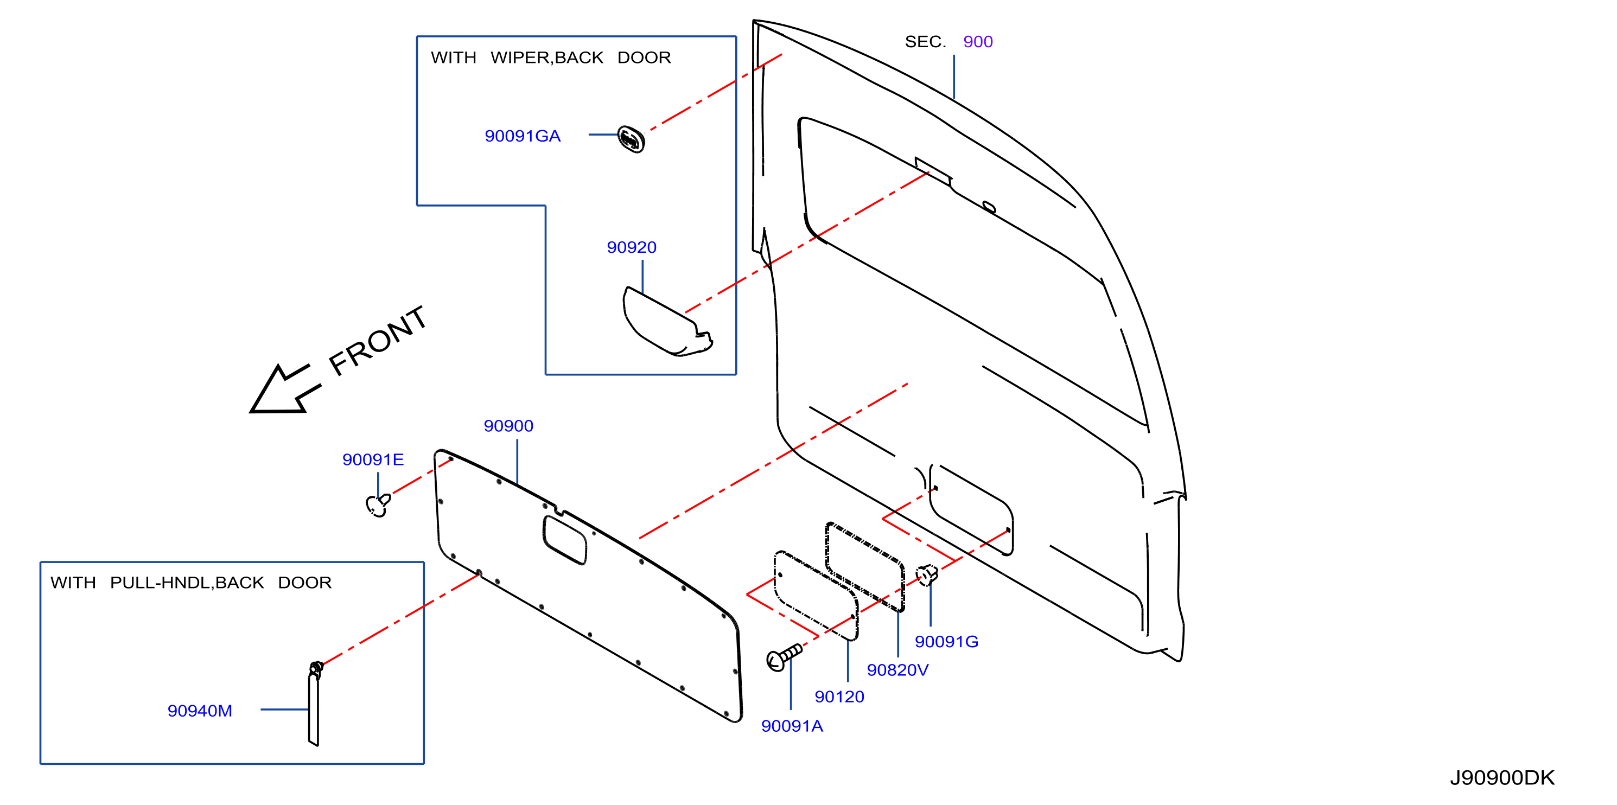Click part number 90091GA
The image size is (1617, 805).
[522, 136]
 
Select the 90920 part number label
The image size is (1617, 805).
[632, 247]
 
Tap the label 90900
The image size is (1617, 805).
[508, 426]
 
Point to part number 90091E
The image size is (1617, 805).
[373, 460]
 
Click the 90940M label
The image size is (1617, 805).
[200, 711]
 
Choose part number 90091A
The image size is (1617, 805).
[792, 726]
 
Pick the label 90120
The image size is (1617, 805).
[839, 697]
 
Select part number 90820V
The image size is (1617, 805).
[897, 670]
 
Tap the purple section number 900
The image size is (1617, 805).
[978, 42]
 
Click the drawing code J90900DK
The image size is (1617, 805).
[1502, 778]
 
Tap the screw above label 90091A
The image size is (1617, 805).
[784, 657]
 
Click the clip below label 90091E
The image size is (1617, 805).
[378, 504]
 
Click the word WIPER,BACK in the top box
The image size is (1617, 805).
[547, 58]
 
